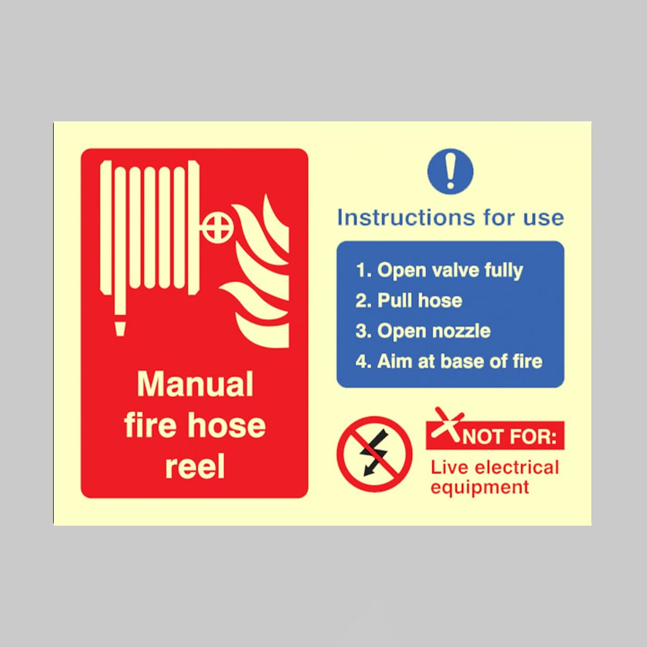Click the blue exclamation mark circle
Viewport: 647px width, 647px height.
450,172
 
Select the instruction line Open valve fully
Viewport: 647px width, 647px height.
440,270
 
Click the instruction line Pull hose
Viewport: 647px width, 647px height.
409,300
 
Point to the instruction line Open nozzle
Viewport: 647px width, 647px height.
423,331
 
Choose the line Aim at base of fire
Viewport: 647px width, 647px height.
449,361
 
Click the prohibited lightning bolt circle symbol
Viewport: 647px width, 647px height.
374,454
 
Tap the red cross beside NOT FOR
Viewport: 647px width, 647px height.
447,425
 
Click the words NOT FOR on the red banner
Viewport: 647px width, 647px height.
510,437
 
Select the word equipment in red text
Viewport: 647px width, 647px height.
480,487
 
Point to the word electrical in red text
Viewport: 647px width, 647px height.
517,468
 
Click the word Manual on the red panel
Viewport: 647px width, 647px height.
195,384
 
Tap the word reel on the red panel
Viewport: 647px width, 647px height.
195,466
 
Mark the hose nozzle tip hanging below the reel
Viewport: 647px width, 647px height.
120,328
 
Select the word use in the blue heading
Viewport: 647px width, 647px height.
543,218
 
